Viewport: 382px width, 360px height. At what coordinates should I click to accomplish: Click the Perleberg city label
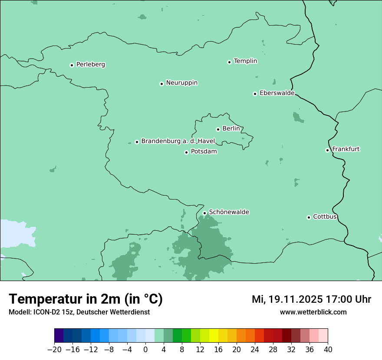[x=90, y=65]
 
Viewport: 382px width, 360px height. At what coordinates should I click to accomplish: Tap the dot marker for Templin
[x=229, y=62]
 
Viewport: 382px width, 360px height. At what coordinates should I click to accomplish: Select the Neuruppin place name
[x=181, y=83]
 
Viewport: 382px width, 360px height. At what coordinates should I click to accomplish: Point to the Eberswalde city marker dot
[x=255, y=94]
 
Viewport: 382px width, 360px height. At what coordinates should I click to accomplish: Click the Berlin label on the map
[x=231, y=129]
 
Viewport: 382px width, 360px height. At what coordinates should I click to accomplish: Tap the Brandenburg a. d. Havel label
[x=178, y=141]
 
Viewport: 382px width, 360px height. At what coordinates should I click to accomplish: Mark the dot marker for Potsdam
[x=186, y=152]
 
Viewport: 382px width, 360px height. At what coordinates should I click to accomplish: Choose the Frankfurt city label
[x=346, y=149]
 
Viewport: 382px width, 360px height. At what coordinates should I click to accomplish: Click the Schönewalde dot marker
[x=204, y=213]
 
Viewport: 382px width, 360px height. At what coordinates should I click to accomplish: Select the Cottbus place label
[x=325, y=216]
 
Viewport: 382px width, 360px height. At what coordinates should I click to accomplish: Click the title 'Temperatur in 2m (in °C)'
[x=86, y=299]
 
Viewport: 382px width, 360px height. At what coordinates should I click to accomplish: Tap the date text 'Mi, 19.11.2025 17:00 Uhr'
[x=311, y=299]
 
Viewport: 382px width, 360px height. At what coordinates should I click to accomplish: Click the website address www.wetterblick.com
[x=313, y=312]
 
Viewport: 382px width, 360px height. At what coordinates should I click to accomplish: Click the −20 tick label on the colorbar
[x=54, y=350]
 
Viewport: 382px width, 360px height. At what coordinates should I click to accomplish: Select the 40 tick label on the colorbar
[x=328, y=350]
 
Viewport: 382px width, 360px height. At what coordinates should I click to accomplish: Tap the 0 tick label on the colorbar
[x=145, y=350]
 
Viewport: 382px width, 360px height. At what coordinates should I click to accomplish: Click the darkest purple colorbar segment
[x=59, y=336]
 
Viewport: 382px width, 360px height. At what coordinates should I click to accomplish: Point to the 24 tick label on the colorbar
[x=255, y=350]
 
